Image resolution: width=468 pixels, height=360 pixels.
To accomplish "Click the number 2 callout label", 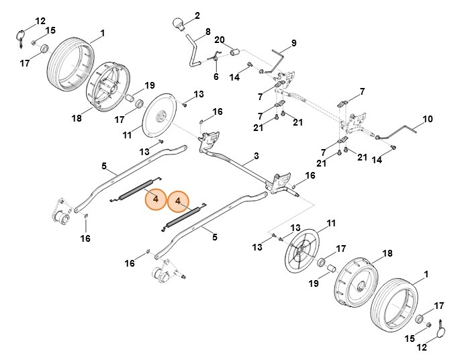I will [x=197, y=15].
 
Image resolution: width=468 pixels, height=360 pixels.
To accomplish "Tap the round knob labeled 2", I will [x=179, y=24].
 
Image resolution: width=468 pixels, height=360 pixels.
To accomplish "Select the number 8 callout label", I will [x=207, y=32].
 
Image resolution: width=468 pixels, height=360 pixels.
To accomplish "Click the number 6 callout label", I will [x=216, y=77].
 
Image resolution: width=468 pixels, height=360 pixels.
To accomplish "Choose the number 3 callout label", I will [x=256, y=156].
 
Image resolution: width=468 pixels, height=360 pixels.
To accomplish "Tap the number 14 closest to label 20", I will [x=234, y=78].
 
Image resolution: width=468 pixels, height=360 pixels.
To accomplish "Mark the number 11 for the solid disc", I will [x=126, y=136].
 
